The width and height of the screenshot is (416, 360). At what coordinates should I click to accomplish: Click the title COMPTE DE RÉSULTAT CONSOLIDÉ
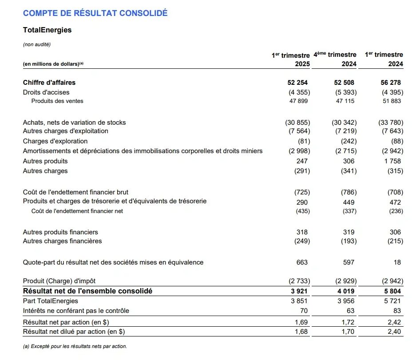tap(95, 13)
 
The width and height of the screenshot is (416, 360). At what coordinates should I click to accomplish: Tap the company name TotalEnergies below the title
tap(47, 30)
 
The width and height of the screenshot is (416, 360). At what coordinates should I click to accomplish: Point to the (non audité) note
tap(37, 44)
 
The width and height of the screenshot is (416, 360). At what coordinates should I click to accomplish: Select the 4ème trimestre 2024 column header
tap(335, 59)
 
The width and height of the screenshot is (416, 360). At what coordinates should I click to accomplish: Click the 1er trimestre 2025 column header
tap(291, 59)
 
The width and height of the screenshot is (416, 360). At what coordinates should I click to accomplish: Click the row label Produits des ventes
tap(57, 101)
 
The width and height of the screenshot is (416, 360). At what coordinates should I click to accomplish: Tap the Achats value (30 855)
tap(297, 123)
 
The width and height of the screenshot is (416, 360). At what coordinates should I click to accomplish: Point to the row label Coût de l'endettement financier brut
tap(75, 192)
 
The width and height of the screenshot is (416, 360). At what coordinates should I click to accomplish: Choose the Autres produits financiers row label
tap(60, 232)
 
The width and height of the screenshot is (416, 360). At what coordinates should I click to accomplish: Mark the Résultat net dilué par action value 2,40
tap(394, 331)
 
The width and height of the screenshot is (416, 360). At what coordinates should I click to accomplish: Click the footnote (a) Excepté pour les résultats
tap(75, 346)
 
